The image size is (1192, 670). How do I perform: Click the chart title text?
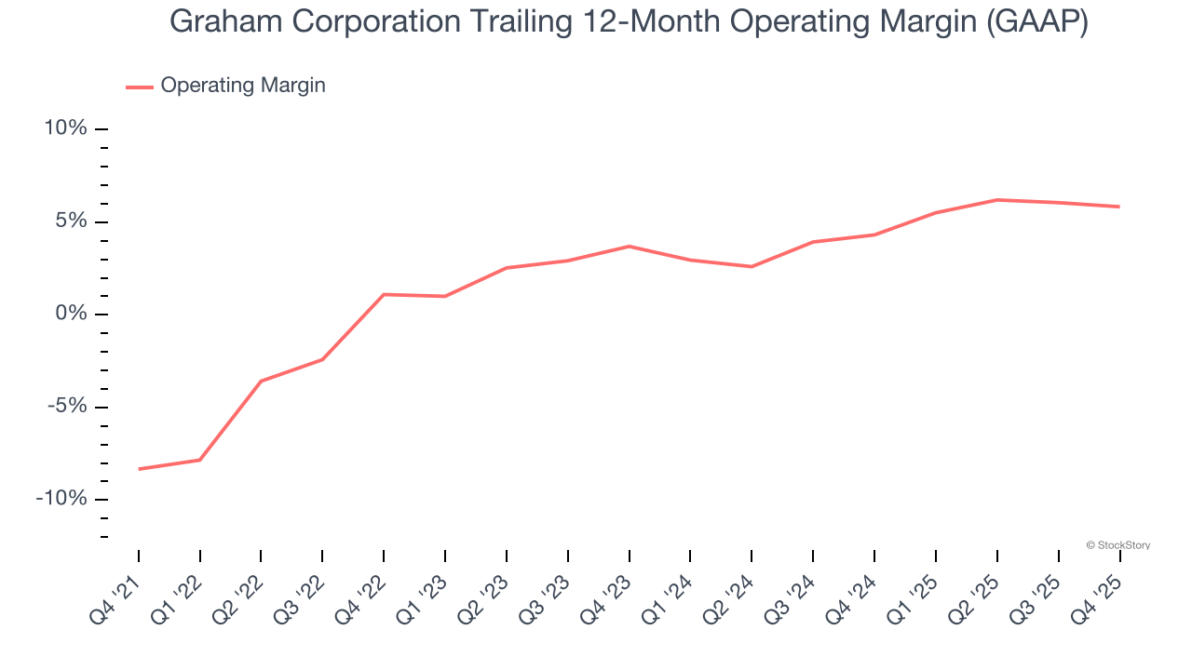pos(629,22)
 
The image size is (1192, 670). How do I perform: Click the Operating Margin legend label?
pos(243,86)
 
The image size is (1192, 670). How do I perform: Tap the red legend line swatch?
pos(140,87)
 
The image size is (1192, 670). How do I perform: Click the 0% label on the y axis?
pos(71,314)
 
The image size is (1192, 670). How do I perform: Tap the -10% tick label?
pos(61,499)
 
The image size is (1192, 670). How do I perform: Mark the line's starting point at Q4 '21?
pos(139,469)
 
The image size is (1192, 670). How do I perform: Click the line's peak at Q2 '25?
pos(996,200)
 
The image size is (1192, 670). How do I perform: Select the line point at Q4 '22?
pos(384,294)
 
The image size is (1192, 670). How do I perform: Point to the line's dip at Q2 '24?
pos(752,267)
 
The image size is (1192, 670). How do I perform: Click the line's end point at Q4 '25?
pos(1119,207)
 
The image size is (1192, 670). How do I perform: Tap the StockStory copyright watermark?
pos(1117,545)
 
